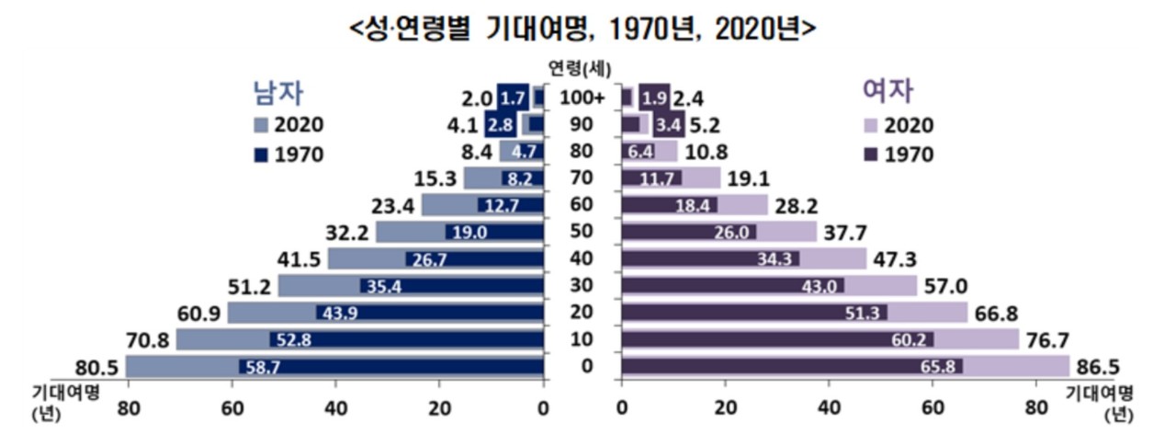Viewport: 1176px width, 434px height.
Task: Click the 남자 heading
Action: click(x=278, y=91)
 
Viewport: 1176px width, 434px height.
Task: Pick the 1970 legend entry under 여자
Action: click(x=897, y=154)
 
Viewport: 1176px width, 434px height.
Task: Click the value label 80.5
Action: click(x=99, y=367)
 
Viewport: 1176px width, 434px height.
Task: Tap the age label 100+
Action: click(x=582, y=97)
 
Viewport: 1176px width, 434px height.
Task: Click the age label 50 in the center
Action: click(x=582, y=232)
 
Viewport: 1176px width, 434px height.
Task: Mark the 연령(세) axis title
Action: click(x=582, y=67)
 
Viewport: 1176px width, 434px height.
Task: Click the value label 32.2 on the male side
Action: click(x=350, y=232)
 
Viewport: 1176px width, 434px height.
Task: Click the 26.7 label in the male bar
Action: click(x=428, y=259)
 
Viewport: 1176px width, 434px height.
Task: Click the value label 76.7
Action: click(x=1046, y=340)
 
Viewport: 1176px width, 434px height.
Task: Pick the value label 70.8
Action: click(x=149, y=340)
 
